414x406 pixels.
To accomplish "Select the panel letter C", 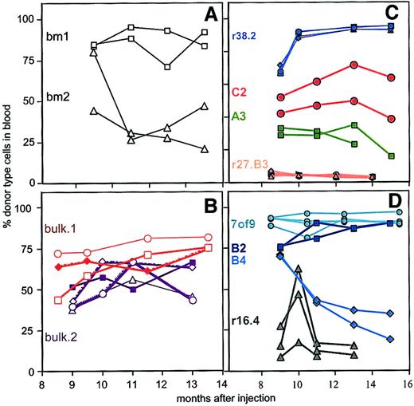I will (403, 15).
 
